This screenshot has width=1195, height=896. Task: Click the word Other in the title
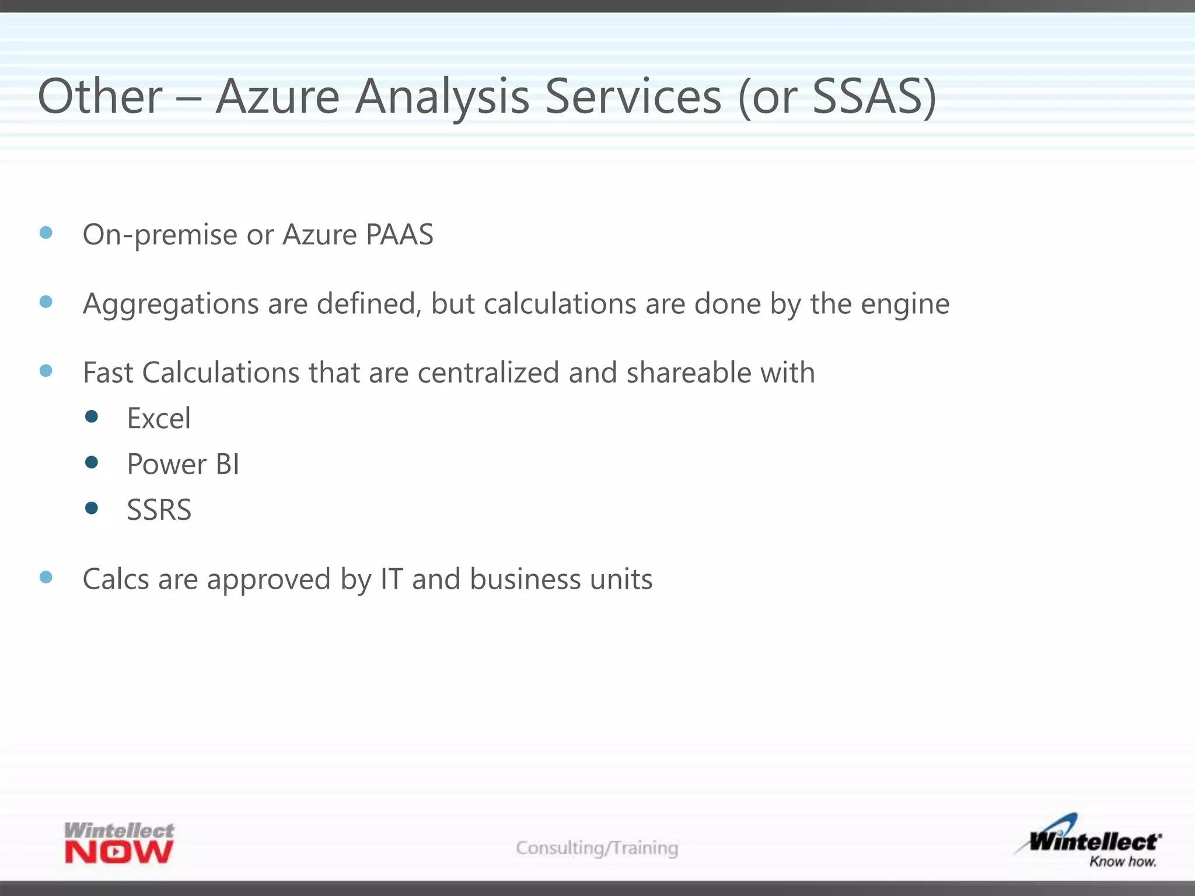[x=100, y=96]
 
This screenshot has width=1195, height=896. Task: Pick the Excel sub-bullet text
[x=159, y=418]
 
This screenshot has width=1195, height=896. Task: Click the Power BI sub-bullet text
[x=183, y=464]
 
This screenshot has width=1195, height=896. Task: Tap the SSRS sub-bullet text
[x=159, y=510]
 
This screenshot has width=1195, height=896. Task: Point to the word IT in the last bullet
[x=392, y=579]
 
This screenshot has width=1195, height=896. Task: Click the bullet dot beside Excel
[x=91, y=416]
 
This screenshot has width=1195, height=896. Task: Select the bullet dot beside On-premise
[x=46, y=233]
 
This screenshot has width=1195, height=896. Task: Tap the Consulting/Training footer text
[x=597, y=848]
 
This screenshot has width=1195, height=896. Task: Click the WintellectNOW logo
[x=119, y=843]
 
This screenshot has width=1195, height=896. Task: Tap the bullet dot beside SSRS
[x=91, y=508]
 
